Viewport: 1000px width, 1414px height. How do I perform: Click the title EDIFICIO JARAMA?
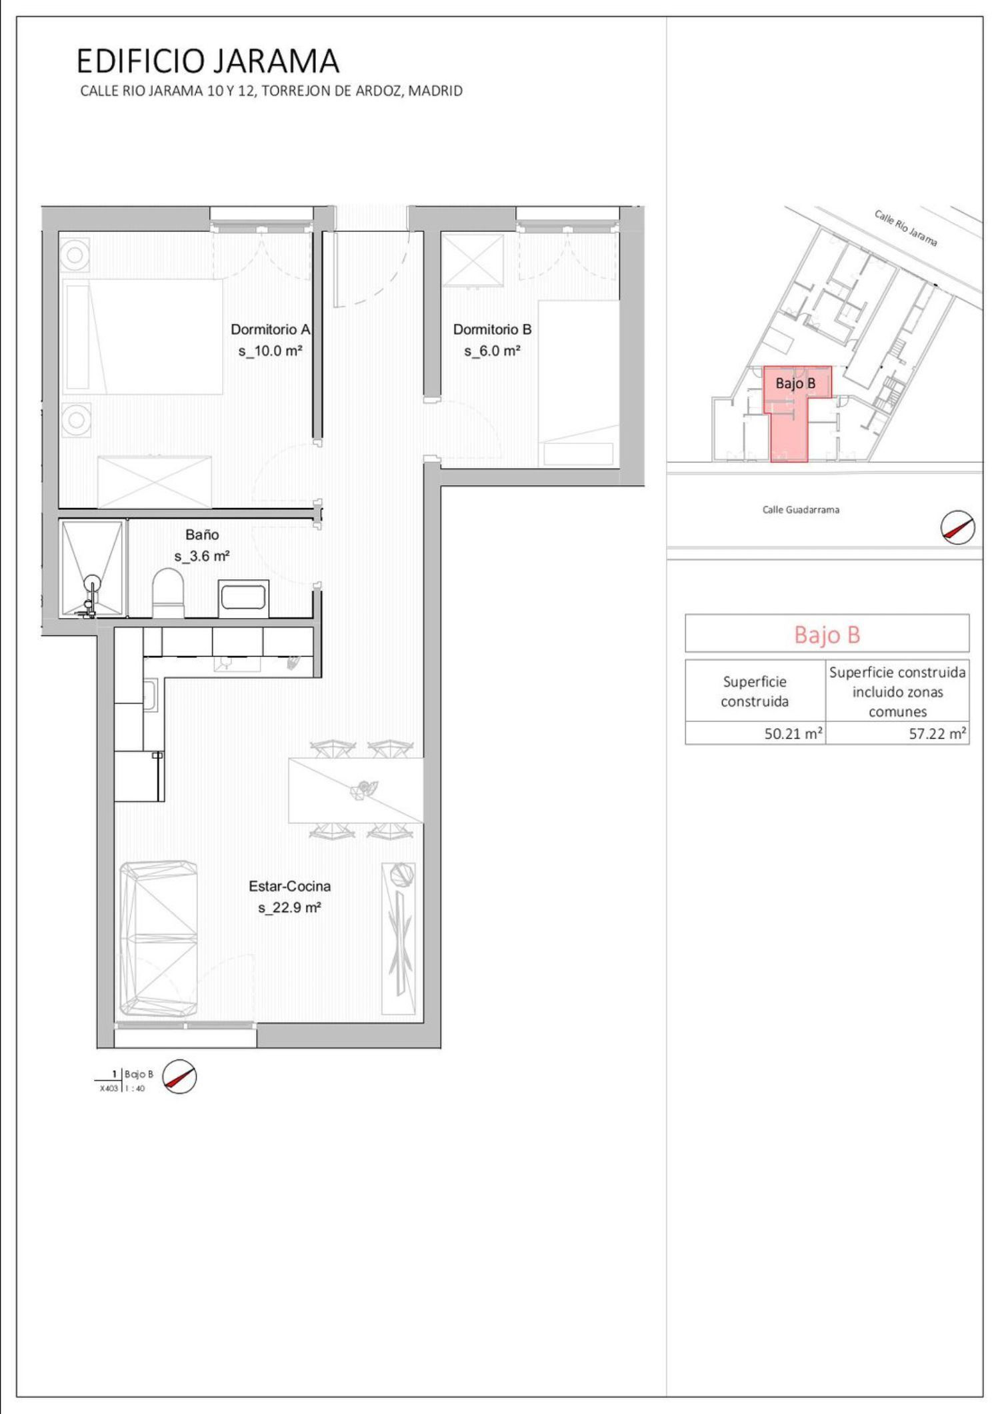(x=208, y=61)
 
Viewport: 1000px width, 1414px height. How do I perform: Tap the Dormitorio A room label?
(x=271, y=329)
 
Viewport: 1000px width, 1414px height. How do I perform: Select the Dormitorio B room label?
(x=492, y=329)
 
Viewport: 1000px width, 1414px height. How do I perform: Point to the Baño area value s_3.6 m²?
(x=202, y=556)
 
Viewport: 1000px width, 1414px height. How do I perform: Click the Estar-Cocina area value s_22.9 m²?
(x=289, y=907)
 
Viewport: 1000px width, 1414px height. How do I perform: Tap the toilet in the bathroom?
(x=168, y=592)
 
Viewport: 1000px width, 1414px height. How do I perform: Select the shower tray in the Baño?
(x=92, y=568)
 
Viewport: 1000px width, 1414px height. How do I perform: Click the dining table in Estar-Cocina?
(x=356, y=790)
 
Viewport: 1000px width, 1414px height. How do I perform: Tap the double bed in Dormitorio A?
(x=143, y=337)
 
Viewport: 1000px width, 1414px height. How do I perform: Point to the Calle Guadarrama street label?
(x=801, y=510)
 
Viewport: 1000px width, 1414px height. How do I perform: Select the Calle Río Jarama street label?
(x=906, y=228)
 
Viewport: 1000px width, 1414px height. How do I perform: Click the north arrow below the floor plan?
(x=180, y=1076)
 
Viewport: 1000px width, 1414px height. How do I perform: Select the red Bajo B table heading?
(x=827, y=634)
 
